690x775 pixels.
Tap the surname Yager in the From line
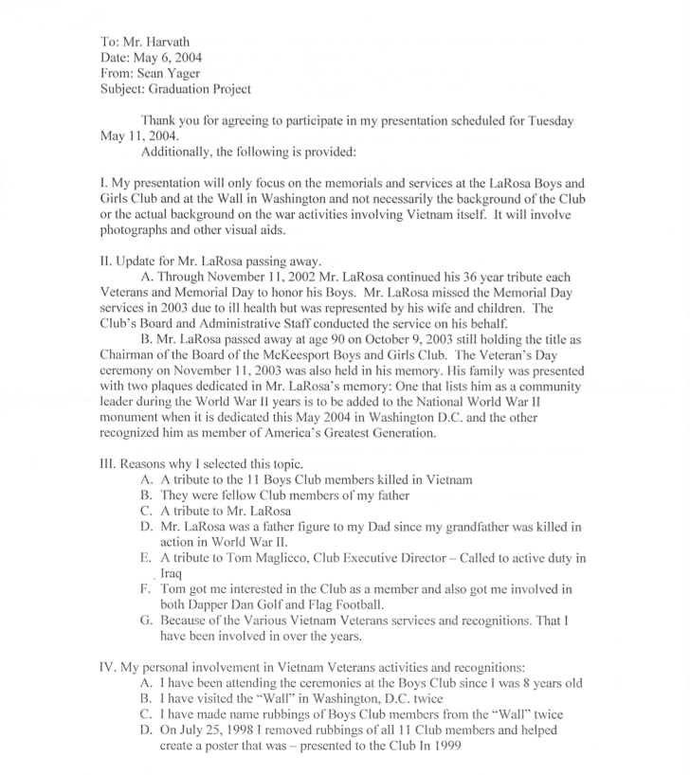(x=181, y=73)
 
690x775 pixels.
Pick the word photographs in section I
(x=137, y=233)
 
